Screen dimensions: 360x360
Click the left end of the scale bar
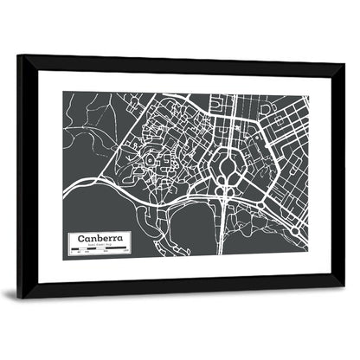click(68, 252)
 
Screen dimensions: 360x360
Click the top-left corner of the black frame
click(17, 55)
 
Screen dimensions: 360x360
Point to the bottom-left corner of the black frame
click(17, 299)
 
